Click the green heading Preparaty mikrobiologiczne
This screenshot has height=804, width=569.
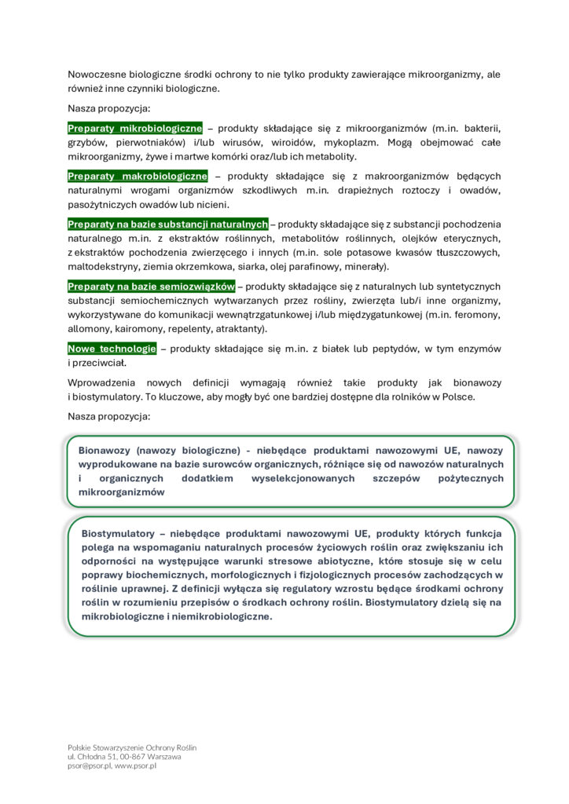(x=134, y=128)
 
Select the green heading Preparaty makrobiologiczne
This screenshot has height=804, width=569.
(x=138, y=176)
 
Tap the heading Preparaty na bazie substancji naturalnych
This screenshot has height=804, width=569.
(x=167, y=224)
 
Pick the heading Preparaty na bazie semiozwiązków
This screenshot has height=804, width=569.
(x=151, y=286)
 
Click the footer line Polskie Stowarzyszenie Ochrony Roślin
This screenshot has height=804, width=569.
(x=132, y=747)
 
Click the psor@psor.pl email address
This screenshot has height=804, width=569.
(x=90, y=766)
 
